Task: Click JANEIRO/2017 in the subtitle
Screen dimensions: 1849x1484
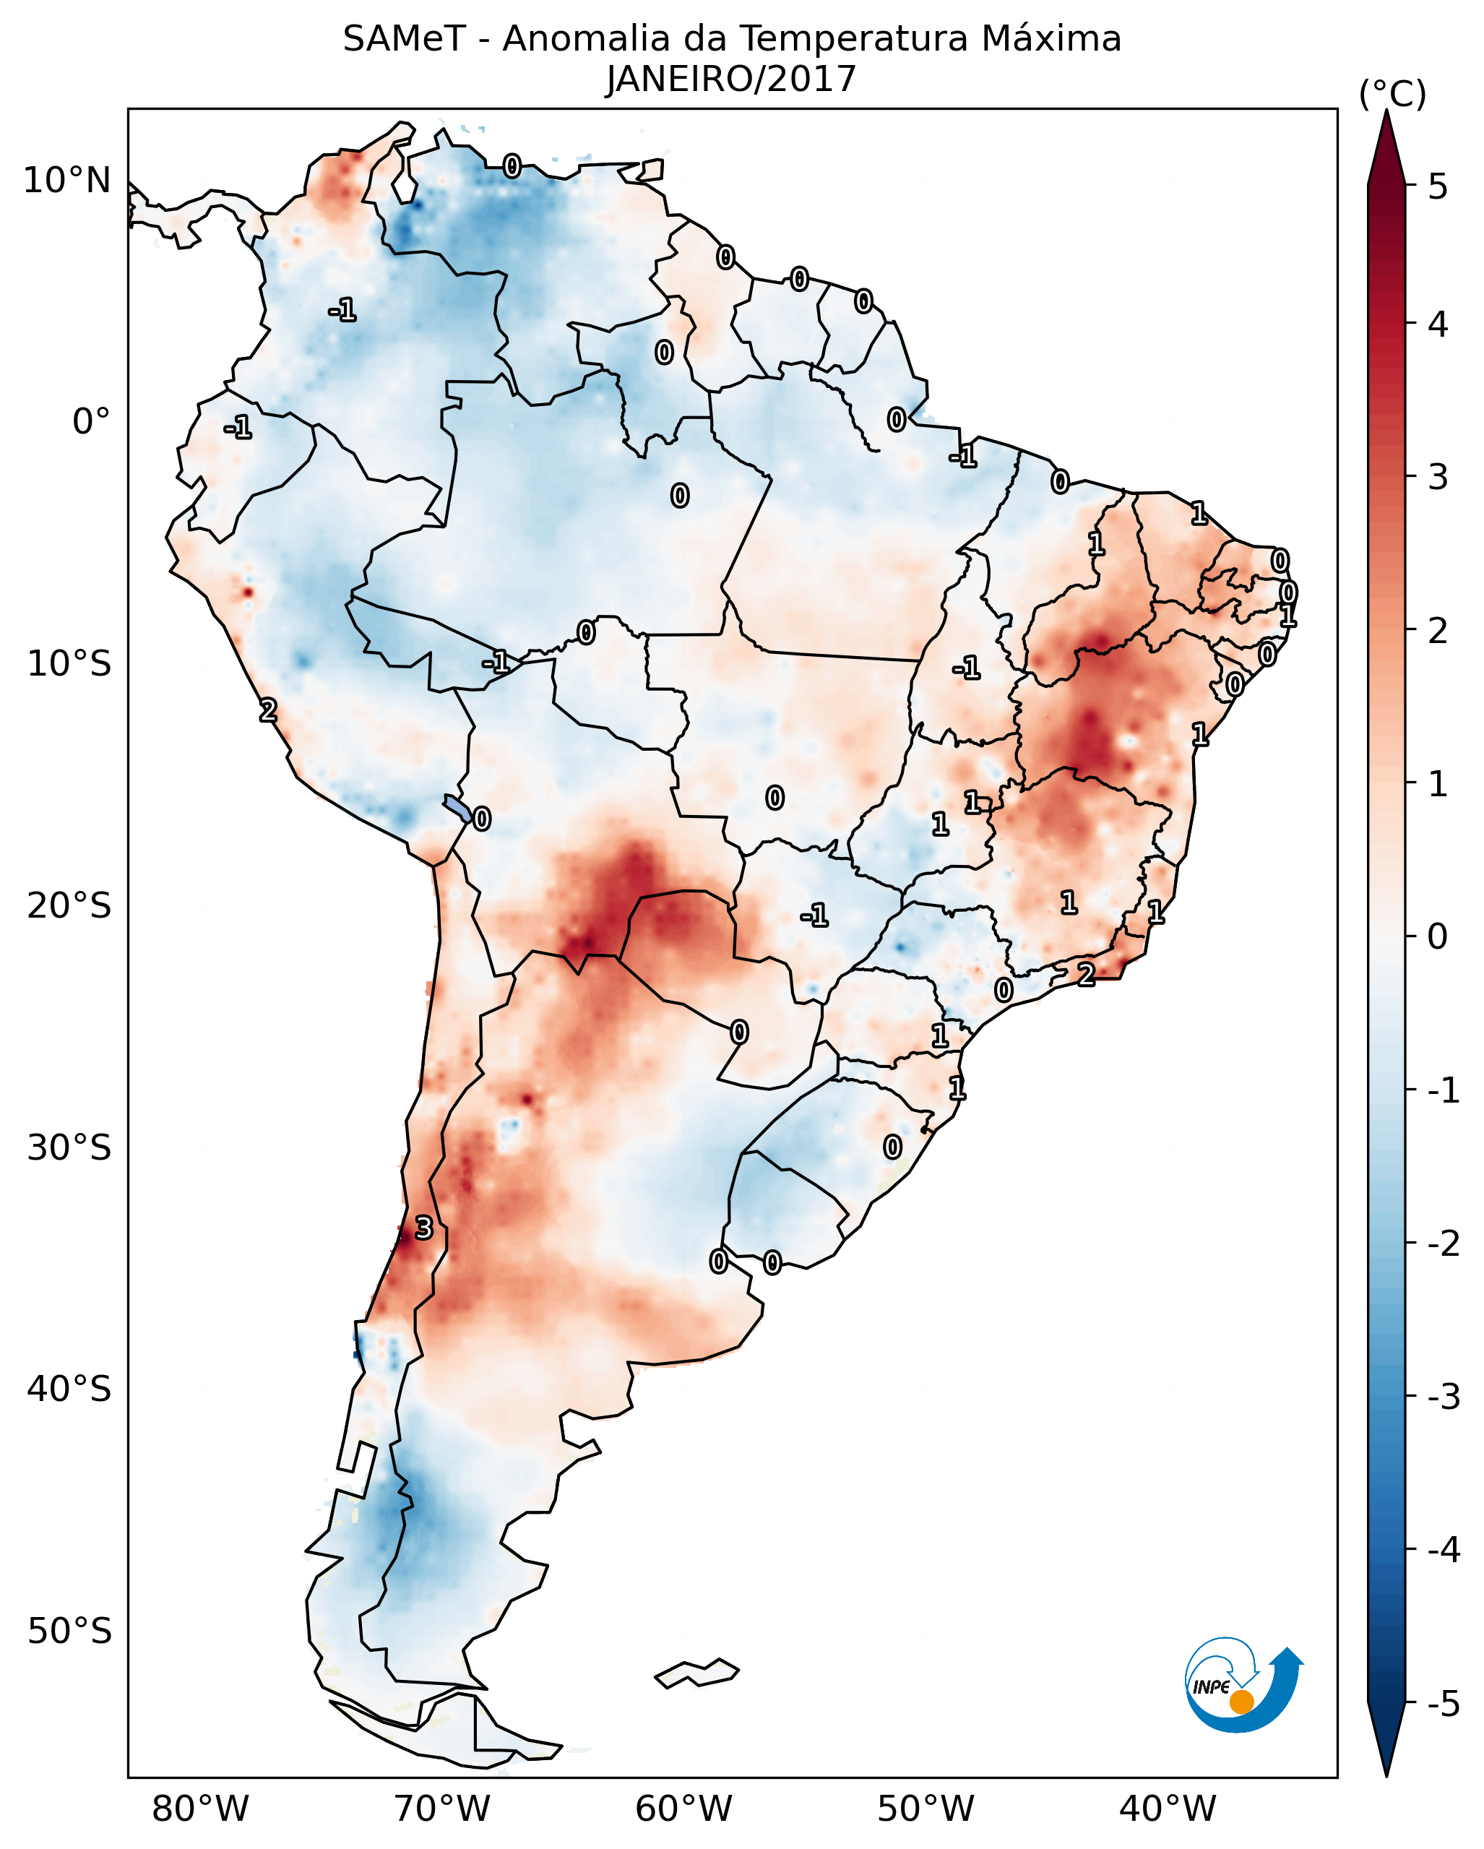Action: point(731,79)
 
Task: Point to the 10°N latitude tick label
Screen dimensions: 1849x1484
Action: point(67,181)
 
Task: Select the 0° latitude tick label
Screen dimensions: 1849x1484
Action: point(91,422)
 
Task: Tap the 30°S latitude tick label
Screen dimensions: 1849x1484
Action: point(69,1147)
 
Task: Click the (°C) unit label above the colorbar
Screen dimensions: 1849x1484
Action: point(1392,95)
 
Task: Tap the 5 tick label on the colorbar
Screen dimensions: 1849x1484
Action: point(1438,187)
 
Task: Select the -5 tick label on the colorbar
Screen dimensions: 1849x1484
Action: point(1443,1704)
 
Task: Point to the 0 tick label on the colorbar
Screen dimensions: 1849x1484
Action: point(1438,936)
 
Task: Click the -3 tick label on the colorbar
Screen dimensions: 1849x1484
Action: point(1443,1397)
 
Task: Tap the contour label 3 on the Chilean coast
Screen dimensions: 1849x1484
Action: point(423,1228)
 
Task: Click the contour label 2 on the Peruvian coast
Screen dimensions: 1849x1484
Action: point(268,710)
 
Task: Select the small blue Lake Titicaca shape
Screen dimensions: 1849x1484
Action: point(457,808)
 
